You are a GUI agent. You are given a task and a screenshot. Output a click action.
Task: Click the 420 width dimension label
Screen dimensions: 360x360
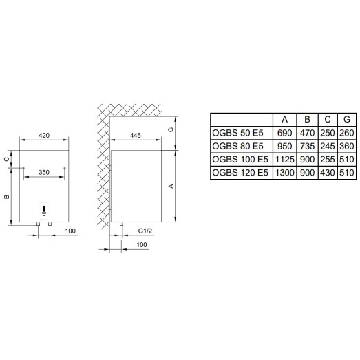44,135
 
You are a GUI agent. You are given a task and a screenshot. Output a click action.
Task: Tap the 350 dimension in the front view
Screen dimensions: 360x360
44,172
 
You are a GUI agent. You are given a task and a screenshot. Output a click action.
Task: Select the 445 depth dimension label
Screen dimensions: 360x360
135,135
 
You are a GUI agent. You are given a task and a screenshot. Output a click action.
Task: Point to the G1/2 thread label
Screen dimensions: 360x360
145,231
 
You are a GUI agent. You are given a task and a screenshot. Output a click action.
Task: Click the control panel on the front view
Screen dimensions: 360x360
44,211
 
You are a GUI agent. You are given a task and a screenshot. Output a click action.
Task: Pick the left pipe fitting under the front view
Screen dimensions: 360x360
38,224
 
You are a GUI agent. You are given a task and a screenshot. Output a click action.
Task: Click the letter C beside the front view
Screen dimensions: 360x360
7,159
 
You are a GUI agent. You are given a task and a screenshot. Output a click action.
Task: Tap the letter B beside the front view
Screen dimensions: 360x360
7,197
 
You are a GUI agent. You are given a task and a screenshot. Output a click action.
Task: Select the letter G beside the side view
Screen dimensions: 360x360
171,129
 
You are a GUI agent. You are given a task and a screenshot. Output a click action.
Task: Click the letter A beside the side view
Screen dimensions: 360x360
171,186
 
